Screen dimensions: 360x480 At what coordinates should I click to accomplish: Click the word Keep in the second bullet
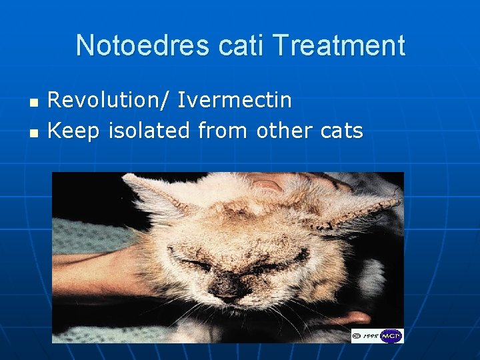70,131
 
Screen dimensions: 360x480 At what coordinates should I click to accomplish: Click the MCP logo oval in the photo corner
391,336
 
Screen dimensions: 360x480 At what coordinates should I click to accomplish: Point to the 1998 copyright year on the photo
371,336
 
